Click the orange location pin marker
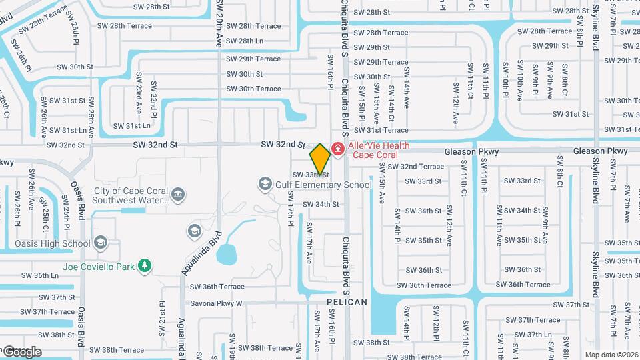(x=320, y=159)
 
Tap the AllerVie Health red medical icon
(x=338, y=148)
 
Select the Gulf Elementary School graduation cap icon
(x=265, y=183)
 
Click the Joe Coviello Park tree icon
(x=144, y=267)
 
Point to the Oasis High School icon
(x=101, y=242)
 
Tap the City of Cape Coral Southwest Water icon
(x=178, y=194)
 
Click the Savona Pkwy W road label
(x=217, y=303)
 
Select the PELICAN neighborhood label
(x=347, y=302)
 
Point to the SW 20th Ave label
(x=219, y=23)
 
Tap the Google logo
(x=21, y=351)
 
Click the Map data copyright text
(x=612, y=354)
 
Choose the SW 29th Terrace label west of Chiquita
(x=253, y=59)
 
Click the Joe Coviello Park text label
(x=99, y=267)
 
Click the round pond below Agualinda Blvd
(x=227, y=254)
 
